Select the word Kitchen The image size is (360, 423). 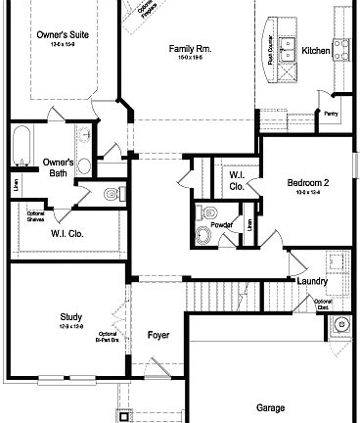pos(316,50)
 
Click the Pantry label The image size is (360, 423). pos(331,114)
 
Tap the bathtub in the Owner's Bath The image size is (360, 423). pos(21,152)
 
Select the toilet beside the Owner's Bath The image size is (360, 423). pos(111,194)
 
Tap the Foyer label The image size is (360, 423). pos(158,336)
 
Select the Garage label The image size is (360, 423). pos(270,407)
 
